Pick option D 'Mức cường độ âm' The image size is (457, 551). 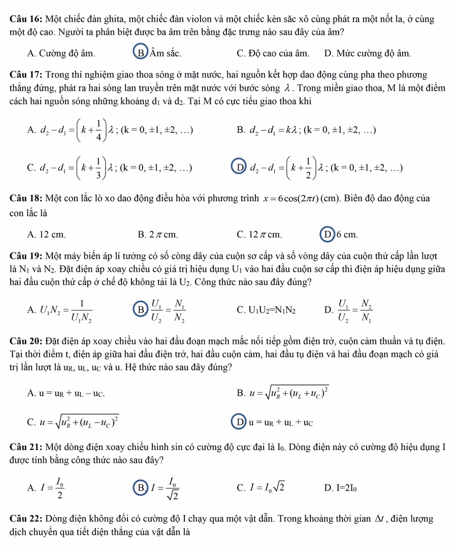click(x=368, y=52)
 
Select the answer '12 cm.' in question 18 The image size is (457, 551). click(x=48, y=234)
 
